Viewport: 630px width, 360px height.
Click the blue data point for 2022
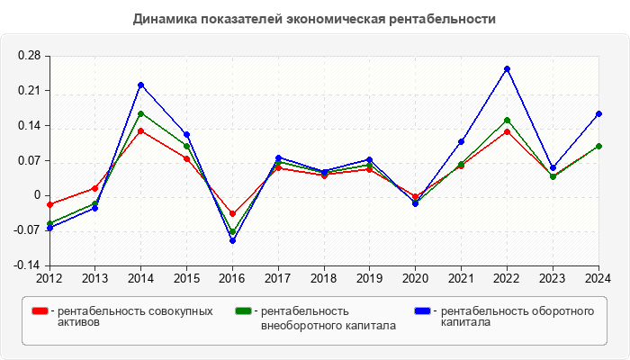507,68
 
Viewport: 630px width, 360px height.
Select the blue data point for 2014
140,85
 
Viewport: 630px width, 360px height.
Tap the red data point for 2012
49,205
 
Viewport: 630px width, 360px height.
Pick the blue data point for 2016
232,240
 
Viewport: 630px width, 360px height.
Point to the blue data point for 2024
598,114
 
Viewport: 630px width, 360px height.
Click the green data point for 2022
507,121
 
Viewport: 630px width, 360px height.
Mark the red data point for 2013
94,188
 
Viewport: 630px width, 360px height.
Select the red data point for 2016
232,214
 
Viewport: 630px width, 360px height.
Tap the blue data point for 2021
461,141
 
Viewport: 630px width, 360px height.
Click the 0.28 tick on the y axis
29,56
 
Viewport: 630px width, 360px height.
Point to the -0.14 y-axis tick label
27,265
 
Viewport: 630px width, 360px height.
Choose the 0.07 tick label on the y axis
29,161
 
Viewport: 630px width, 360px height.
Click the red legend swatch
40,311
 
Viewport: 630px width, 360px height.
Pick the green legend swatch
243,311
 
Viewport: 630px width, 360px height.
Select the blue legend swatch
422,311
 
